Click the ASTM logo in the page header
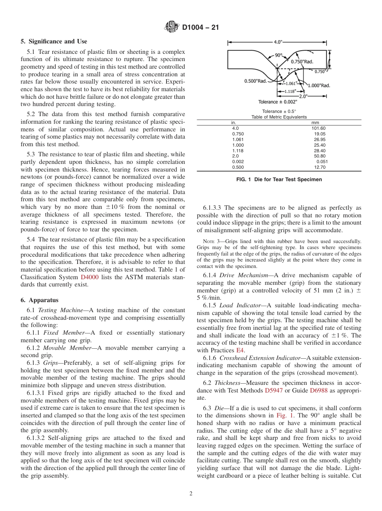(x=172, y=27)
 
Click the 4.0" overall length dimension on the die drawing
(x=278, y=42)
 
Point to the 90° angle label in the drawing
(x=279, y=55)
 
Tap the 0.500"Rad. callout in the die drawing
(x=255, y=81)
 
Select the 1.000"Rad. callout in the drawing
(x=318, y=85)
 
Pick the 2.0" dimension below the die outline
(x=303, y=96)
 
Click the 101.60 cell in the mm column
(x=318, y=128)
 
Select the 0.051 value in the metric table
(x=322, y=161)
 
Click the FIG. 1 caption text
(x=279, y=180)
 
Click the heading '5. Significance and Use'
(x=53, y=41)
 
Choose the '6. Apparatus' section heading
(x=39, y=300)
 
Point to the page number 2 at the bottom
(x=191, y=494)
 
